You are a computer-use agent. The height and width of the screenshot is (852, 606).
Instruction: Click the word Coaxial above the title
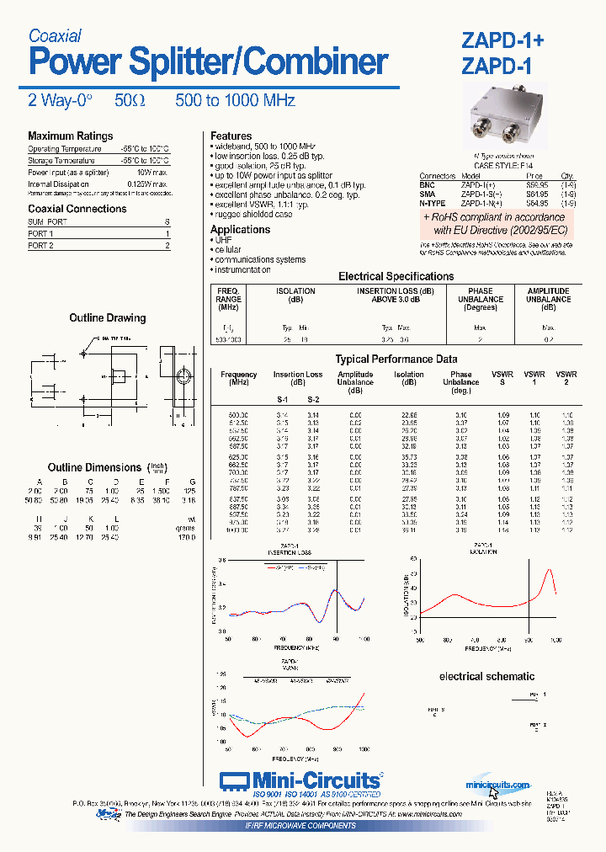[55, 35]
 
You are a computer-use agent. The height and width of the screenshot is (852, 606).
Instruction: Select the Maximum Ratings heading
[70, 136]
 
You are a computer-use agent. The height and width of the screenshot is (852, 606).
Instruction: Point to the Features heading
[231, 136]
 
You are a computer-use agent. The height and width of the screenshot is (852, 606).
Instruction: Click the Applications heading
[240, 230]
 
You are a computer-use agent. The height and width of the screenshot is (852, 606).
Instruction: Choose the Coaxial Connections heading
[77, 209]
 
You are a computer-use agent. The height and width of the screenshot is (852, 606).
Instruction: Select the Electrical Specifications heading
[396, 276]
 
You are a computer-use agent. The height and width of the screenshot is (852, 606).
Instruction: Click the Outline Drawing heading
[107, 318]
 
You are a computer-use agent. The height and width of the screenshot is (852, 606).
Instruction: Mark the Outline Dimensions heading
[94, 467]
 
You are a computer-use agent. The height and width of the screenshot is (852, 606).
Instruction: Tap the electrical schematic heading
[486, 676]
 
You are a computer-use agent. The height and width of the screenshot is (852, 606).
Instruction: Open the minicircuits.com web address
[497, 785]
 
